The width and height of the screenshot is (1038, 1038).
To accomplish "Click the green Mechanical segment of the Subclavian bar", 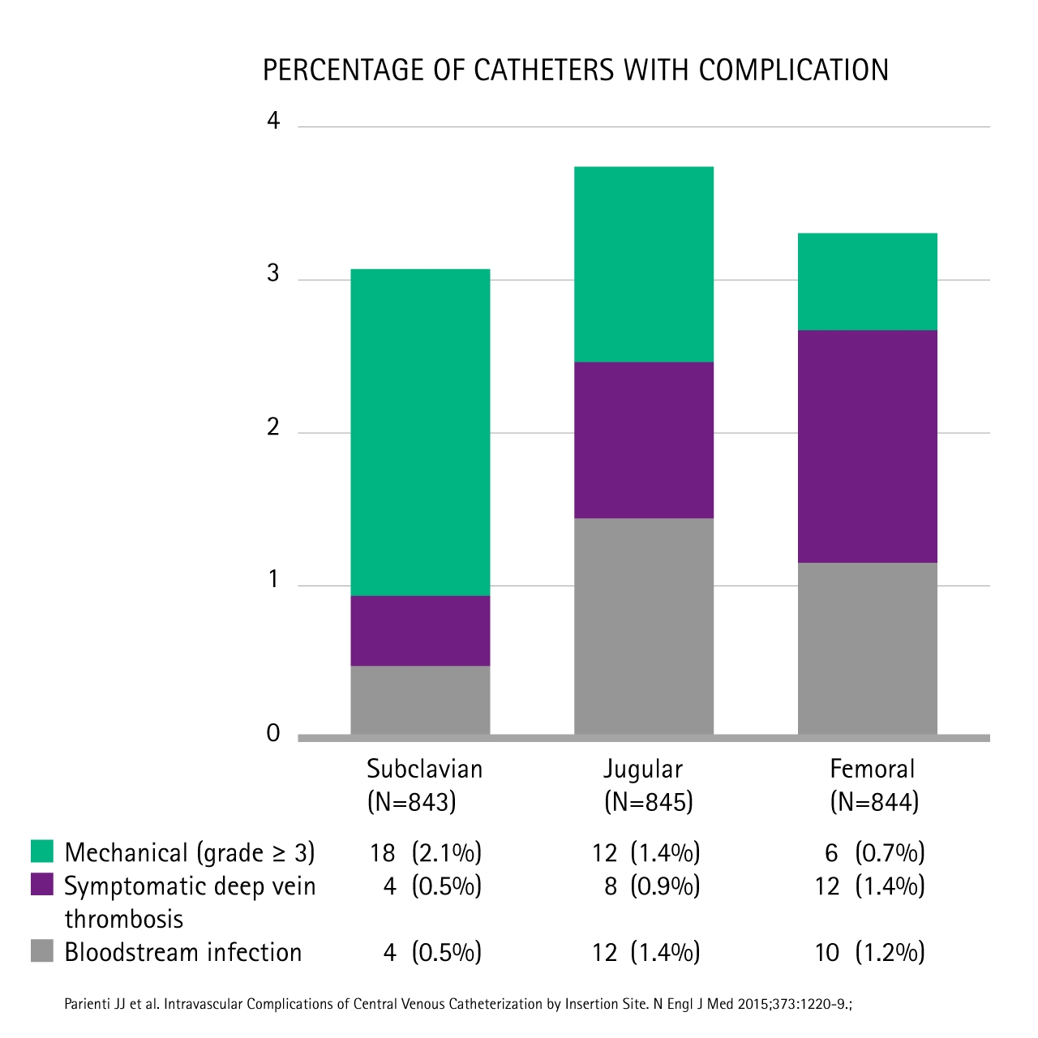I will click(420, 432).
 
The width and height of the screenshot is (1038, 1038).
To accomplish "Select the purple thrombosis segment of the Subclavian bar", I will click(420, 631).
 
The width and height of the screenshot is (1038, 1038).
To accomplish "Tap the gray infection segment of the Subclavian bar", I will click(420, 700).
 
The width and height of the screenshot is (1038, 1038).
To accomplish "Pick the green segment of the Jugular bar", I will click(644, 264).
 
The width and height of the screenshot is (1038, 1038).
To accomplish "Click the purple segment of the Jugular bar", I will click(644, 440).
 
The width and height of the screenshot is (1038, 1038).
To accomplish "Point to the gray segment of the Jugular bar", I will click(644, 626).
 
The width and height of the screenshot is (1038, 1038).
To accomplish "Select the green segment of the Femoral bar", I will click(868, 281).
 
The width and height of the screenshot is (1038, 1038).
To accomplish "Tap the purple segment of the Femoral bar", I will click(868, 446).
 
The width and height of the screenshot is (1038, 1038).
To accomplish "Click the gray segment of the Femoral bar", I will click(868, 648).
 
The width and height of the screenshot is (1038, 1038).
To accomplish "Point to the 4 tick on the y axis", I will click(273, 121).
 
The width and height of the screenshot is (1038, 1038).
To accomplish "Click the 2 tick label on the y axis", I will click(273, 427).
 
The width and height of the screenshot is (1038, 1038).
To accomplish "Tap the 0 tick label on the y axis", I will click(273, 733).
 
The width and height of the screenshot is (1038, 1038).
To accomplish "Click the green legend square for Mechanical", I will click(42, 851).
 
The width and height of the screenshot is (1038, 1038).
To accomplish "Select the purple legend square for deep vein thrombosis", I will click(42, 884).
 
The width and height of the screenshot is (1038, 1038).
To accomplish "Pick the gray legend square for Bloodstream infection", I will click(42, 950).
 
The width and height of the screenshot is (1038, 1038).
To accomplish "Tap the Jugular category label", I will click(643, 769).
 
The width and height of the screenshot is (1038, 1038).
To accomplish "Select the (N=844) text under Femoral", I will click(874, 802).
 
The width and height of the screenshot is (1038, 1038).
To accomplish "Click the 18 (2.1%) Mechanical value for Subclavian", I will click(426, 852).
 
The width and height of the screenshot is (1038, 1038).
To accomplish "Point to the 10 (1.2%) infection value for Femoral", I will click(869, 952).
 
